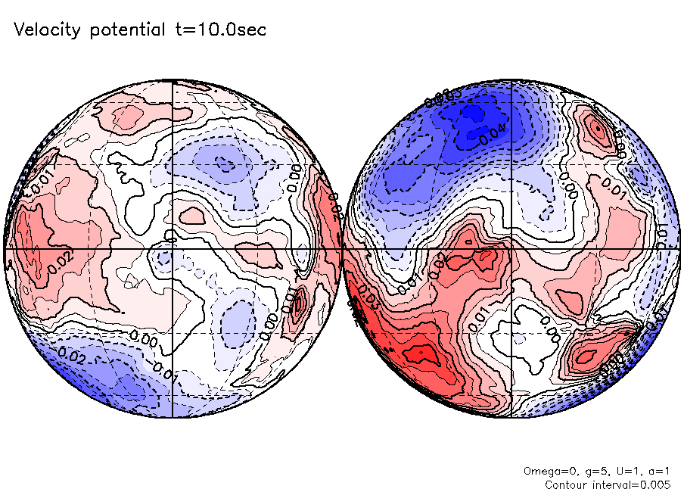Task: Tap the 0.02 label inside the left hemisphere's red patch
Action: point(60,262)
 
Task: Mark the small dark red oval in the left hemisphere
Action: point(300,304)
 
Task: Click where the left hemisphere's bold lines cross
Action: point(173,248)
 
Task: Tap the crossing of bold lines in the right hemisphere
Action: point(511,248)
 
